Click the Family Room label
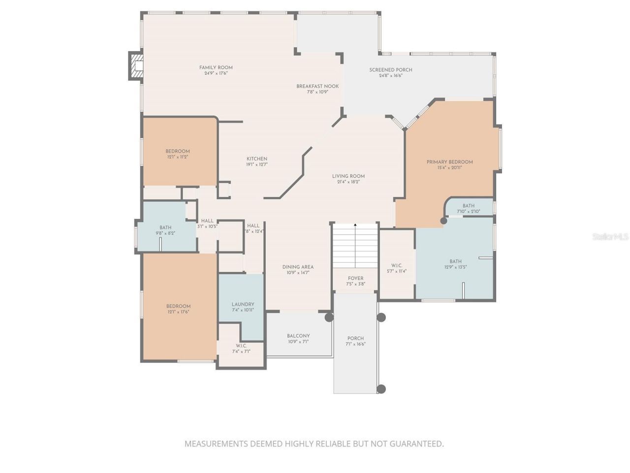[216, 68]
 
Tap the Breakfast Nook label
[317, 86]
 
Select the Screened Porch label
[391, 70]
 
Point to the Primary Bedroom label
[449, 162]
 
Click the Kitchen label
[257, 159]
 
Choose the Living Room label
[348, 176]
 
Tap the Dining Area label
[298, 267]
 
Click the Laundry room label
[243, 304]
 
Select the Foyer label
[355, 278]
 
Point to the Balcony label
[298, 336]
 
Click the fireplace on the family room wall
[136, 66]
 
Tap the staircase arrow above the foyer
[355, 226]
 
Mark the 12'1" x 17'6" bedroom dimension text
[178, 312]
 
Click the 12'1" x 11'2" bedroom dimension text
[178, 157]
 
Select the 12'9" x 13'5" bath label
[455, 262]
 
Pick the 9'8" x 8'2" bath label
[165, 228]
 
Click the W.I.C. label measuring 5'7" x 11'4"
[397, 266]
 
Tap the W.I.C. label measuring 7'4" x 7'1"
[241, 345]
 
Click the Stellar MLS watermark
[610, 236]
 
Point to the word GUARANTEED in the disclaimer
[416, 443]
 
